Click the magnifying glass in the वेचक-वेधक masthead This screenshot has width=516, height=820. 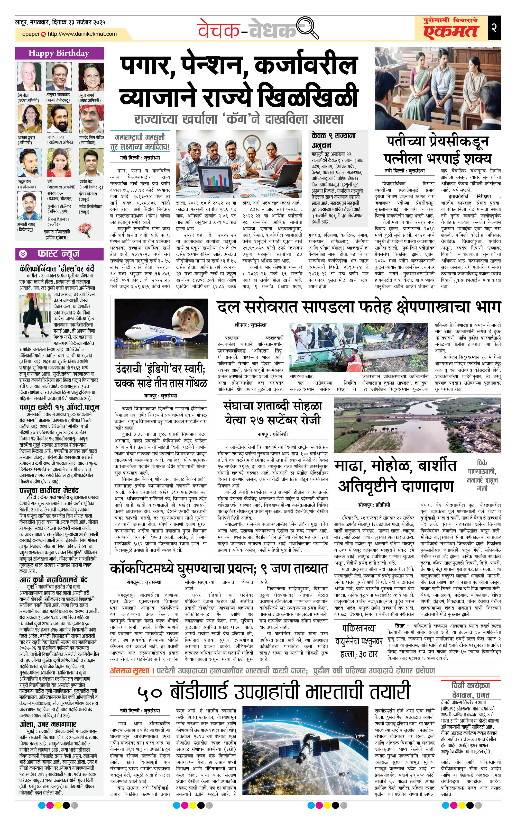(308, 28)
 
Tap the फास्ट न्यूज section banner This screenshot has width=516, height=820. (59, 254)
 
